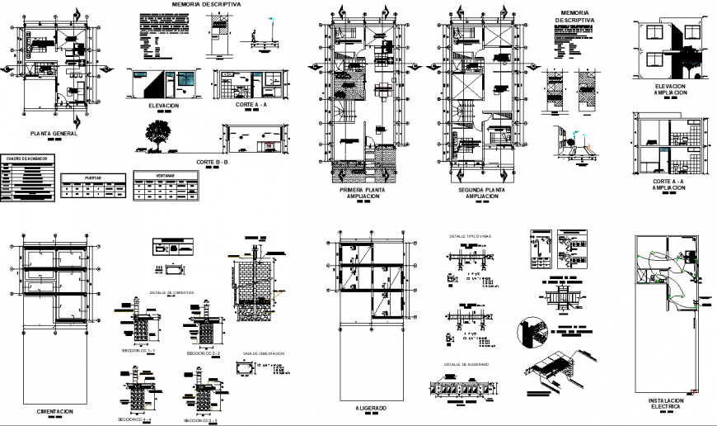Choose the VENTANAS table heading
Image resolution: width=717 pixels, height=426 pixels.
[166, 174]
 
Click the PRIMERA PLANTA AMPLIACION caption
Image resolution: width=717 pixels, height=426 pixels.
[362, 193]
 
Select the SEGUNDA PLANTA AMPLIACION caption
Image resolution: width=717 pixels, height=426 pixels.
[481, 193]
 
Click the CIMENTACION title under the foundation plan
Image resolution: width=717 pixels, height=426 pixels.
[54, 411]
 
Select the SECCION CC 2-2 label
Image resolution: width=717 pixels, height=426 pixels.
[204, 353]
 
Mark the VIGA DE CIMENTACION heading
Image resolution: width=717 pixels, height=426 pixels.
[263, 353]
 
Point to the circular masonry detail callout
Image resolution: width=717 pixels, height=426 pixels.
[531, 334]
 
